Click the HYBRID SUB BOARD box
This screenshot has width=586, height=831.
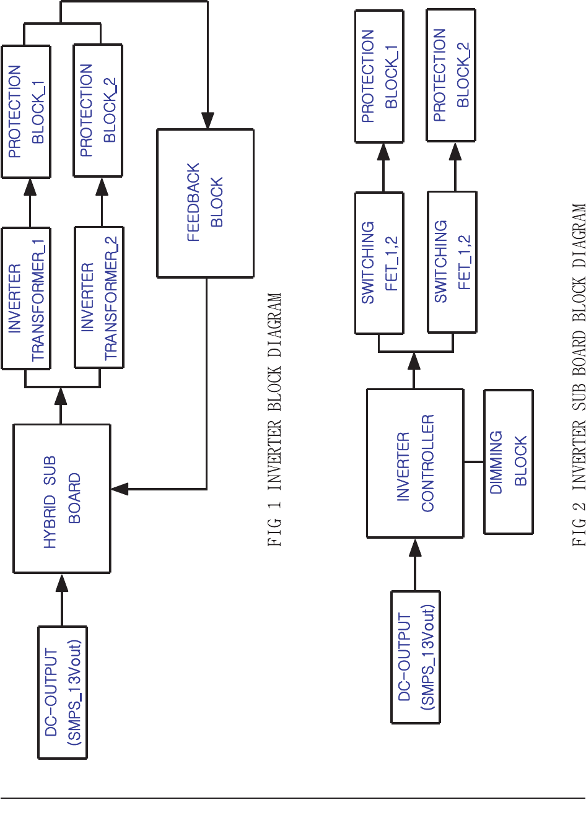pos(62,498)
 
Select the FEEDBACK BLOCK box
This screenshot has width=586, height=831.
pos(205,203)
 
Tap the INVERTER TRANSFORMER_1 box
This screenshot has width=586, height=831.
pos(26,298)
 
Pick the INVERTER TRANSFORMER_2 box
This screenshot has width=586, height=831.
pos(99,298)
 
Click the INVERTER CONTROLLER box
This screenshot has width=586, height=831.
pos(415,463)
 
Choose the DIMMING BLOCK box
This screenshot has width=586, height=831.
pos(508,462)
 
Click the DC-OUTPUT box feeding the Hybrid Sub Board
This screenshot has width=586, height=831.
pos(63,692)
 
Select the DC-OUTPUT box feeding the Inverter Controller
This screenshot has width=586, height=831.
pos(415,657)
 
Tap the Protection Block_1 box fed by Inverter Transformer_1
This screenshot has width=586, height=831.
pos(26,111)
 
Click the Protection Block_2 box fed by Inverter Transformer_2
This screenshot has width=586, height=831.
pos(98,111)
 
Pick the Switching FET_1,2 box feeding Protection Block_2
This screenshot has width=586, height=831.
pos(452,262)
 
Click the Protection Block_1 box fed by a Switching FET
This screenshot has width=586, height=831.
pos(379,76)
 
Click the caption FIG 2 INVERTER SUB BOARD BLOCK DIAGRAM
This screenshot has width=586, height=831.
pos(579,375)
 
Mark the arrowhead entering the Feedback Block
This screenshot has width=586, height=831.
pos(208,120)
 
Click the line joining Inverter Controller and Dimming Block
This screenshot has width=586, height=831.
pos(474,462)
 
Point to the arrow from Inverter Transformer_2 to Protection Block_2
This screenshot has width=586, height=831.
pos(102,202)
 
